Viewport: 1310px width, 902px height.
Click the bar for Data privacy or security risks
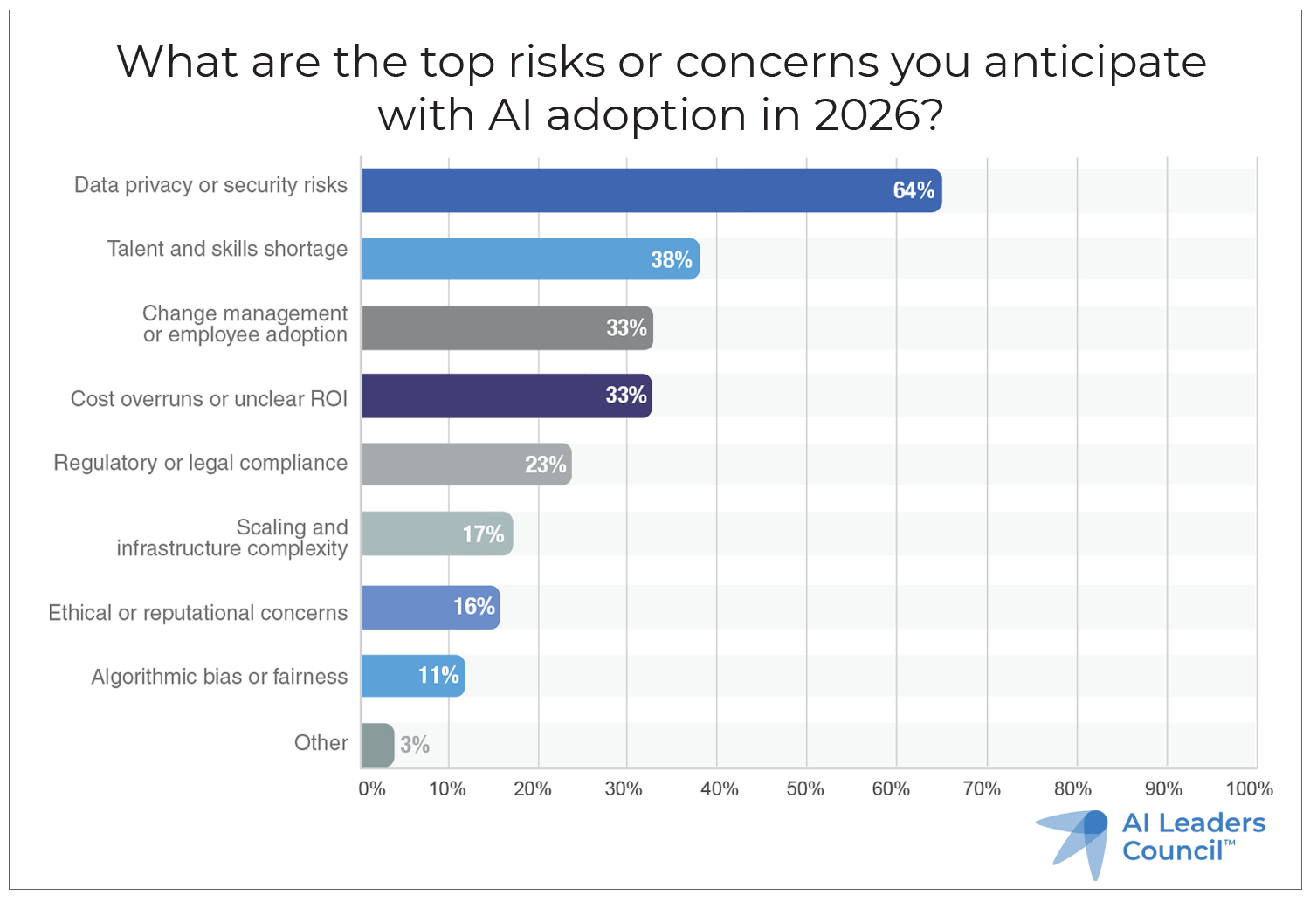coord(651,190)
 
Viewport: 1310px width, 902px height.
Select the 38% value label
coord(671,259)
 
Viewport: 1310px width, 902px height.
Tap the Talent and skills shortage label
coord(227,249)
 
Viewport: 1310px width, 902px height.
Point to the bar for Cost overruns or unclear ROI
coord(507,396)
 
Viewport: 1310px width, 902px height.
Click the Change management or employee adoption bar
coord(507,327)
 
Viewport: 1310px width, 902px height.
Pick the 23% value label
coord(545,465)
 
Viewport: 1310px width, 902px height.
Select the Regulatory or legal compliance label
coord(200,463)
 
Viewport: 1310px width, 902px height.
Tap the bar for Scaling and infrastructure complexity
coord(437,534)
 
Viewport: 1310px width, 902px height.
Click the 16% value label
coord(473,607)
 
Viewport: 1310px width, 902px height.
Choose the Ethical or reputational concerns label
coord(197,613)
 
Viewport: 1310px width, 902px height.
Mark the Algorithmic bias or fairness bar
coord(412,676)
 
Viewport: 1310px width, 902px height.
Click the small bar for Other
coord(377,745)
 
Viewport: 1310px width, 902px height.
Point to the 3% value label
coord(415,745)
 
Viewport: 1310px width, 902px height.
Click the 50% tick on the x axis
coord(805,788)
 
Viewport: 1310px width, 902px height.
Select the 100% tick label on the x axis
coord(1249,788)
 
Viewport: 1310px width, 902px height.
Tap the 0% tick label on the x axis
coord(371,788)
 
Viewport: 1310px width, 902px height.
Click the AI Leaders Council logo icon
coord(1073,840)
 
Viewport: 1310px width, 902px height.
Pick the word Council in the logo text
coord(1172,851)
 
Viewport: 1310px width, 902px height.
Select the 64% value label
coord(914,190)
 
